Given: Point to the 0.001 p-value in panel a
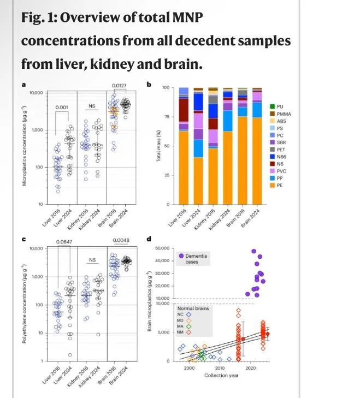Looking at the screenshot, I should click(x=61, y=107).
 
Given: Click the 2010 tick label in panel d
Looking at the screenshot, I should click(x=221, y=369).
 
